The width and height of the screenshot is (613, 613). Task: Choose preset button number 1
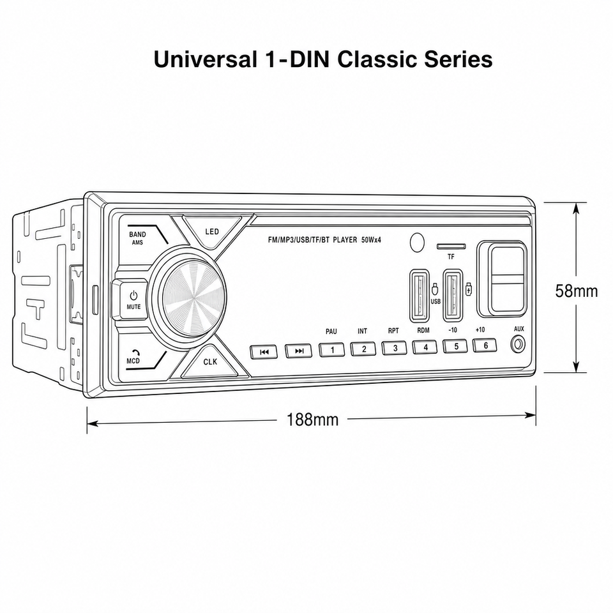(332, 349)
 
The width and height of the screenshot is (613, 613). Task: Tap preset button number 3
(395, 348)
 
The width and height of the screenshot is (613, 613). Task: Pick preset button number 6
(485, 345)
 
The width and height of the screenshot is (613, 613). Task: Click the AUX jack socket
(518, 345)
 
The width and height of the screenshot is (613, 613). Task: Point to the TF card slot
(451, 246)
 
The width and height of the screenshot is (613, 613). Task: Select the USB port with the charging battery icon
(453, 295)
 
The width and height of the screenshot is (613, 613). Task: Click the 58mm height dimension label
(576, 291)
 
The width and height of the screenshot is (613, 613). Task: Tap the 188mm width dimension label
(312, 420)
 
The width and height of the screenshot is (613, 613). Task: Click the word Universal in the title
(206, 59)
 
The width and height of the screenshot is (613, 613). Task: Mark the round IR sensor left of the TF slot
(417, 242)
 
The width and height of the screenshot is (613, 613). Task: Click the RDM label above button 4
(423, 330)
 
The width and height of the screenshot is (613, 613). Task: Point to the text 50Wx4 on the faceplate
(371, 240)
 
